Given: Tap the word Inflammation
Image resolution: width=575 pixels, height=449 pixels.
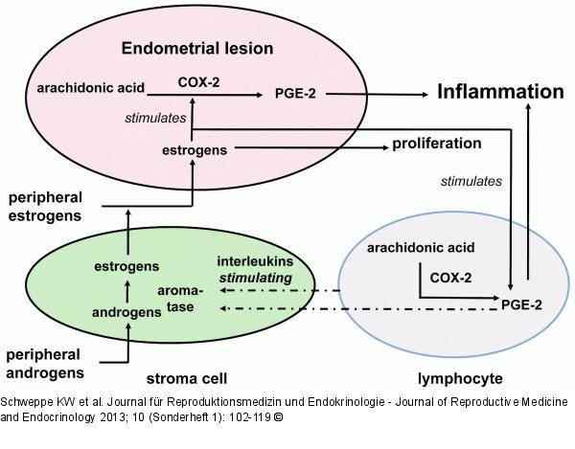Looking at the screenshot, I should point(500,93).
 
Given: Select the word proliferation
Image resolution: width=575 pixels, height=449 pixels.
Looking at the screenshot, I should point(436,145).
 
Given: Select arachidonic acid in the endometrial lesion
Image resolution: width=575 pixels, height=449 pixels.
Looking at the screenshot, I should point(91,88).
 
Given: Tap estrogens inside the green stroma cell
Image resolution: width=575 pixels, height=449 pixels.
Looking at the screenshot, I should point(127,265).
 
